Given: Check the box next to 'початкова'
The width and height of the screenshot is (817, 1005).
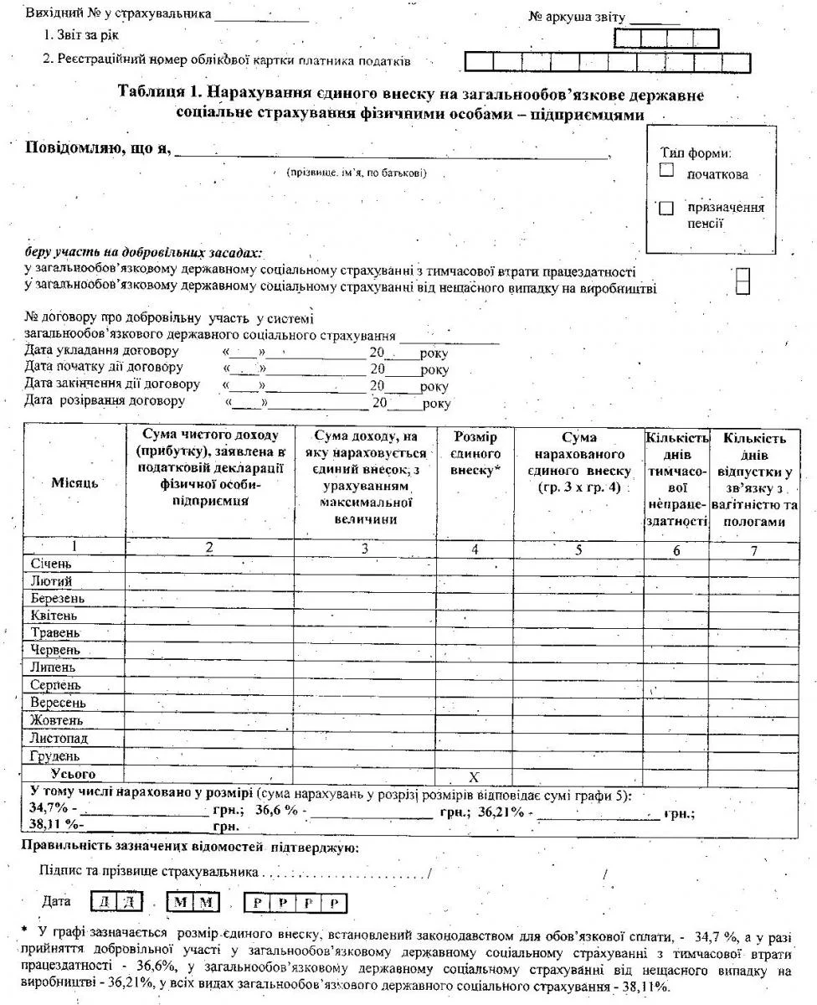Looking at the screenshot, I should tap(666, 170).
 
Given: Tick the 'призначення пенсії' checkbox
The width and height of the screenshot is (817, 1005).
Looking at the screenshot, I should tap(666, 209).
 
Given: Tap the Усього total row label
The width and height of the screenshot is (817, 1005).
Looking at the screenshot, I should tap(73, 775).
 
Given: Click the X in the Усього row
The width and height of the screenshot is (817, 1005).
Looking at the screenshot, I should tap(474, 777).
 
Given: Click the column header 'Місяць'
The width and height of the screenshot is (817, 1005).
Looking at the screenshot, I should tap(74, 483).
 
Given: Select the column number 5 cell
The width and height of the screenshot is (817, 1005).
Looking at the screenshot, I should tap(578, 550).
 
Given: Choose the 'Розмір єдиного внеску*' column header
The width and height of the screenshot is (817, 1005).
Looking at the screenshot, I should tap(475, 454).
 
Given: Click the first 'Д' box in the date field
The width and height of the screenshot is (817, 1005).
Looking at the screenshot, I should tap(105, 903).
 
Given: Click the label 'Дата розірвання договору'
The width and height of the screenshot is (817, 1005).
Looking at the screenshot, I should tap(105, 401).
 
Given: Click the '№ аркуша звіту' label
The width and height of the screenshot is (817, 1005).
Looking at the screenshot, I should tap(578, 17).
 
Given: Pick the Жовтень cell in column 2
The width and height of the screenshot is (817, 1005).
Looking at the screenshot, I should tap(208, 721).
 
